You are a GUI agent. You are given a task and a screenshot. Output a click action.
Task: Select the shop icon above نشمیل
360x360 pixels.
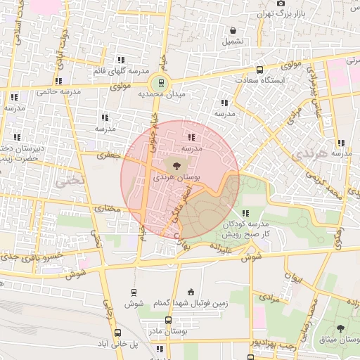click(233, 30)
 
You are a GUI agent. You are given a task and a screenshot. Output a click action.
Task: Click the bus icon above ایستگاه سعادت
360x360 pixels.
click(260, 70)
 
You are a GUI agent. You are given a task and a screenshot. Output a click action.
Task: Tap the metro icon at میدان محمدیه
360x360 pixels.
click(162, 82)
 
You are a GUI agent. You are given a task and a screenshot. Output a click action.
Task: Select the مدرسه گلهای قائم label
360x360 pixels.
click(120, 72)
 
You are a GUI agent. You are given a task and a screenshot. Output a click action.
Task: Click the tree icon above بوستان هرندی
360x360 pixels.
click(176, 166)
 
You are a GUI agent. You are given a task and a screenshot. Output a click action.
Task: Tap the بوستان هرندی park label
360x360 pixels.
click(177, 179)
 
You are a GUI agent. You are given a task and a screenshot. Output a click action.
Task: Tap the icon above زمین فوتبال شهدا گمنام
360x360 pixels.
click(190, 292)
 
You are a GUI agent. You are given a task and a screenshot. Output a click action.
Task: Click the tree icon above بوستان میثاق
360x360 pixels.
click(341, 328)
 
